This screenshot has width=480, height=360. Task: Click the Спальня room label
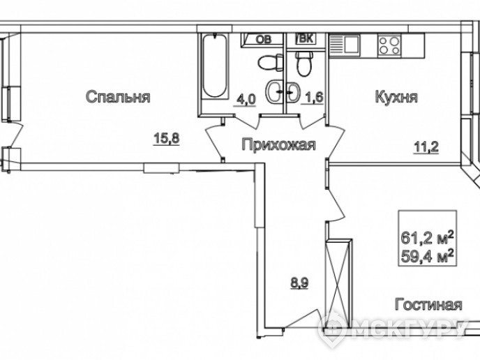coord(118,98)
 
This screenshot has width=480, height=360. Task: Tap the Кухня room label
coord(396,97)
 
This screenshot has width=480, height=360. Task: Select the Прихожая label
coord(278,144)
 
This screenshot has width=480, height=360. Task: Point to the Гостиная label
coord(428,305)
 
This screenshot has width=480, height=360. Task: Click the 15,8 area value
coord(167,139)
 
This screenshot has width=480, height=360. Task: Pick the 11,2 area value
coord(426,147)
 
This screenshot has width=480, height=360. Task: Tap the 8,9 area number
coord(299,283)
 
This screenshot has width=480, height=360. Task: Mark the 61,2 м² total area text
coord(427,238)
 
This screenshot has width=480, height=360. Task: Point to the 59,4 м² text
coord(427,256)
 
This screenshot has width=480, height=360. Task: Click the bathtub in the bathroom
coord(215,66)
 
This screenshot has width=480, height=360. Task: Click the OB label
coord(263,39)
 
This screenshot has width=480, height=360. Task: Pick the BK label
coord(305,39)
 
